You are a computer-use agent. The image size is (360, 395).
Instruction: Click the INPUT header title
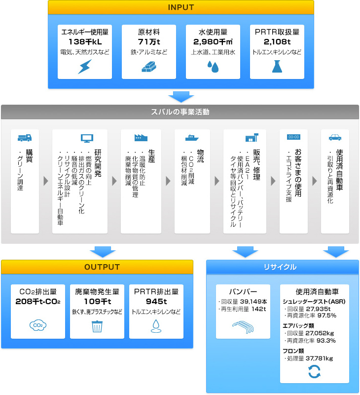click(x=181, y=7)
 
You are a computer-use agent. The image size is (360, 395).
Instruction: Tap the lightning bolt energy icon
click(x=85, y=67)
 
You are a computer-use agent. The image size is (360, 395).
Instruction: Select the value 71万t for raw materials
click(x=149, y=41)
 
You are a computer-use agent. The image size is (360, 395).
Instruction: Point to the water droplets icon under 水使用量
click(x=213, y=67)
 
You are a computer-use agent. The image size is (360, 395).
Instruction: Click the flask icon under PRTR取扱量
click(x=277, y=66)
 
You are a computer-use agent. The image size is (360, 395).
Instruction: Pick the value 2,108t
click(x=277, y=41)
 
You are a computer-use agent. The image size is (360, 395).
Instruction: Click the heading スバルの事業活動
click(x=180, y=112)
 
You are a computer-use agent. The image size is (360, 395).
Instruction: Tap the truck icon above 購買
click(x=25, y=138)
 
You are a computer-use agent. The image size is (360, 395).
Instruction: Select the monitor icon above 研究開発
click(x=87, y=138)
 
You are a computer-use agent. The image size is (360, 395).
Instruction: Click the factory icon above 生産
click(x=141, y=138)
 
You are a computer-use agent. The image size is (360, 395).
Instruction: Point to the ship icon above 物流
click(x=192, y=138)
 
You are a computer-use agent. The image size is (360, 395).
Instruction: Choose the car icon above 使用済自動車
click(x=335, y=137)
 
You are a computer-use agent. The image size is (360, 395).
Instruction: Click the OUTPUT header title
click(x=102, y=267)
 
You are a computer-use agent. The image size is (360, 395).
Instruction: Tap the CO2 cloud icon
click(x=38, y=325)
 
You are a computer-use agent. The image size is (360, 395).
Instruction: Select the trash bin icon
click(x=97, y=326)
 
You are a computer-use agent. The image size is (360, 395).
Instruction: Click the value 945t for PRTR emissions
click(x=156, y=301)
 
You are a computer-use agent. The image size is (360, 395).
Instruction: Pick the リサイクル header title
click(x=280, y=267)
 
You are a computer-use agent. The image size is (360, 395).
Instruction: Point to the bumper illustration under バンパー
click(x=243, y=327)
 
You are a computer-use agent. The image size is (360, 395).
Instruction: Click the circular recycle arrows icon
click(x=315, y=372)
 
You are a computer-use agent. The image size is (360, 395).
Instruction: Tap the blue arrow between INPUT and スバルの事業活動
click(x=181, y=97)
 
